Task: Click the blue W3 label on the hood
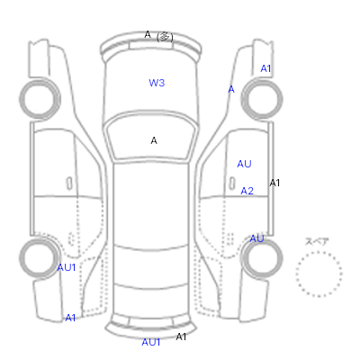[157, 83]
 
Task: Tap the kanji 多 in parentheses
[165, 37]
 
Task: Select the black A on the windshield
[154, 140]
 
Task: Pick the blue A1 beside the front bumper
[265, 68]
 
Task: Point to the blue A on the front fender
[231, 89]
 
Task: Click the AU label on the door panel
[244, 164]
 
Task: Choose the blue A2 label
[247, 191]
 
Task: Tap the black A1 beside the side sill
[274, 183]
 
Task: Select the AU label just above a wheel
[256, 238]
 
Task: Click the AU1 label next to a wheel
[67, 267]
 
